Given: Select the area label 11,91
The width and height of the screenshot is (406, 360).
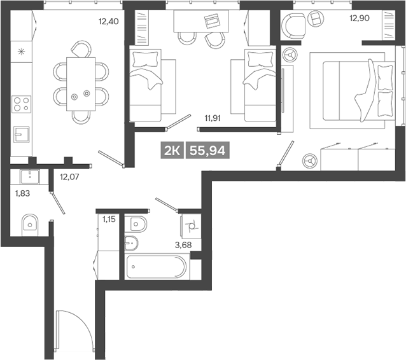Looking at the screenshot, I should tap(214, 118).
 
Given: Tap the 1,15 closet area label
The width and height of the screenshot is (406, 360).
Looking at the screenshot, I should tap(109, 219).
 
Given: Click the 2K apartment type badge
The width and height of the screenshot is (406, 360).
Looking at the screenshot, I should tap(172, 150).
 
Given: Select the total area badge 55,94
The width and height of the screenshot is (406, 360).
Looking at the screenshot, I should tap(207, 150).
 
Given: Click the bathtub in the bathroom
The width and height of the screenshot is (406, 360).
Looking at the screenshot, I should tap(157, 267).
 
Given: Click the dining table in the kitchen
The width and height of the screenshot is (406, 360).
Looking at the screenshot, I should tap(81, 83).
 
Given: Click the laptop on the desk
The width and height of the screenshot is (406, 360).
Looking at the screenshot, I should tap(211, 22).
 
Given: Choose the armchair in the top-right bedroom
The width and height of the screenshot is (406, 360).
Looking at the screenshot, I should tap(295, 25).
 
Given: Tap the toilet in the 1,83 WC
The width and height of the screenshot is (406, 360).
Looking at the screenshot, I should tap(29, 223).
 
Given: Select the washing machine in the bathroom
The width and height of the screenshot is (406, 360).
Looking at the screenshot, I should tap(190, 224).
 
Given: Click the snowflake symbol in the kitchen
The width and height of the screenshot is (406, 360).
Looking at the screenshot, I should tap(21, 52).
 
